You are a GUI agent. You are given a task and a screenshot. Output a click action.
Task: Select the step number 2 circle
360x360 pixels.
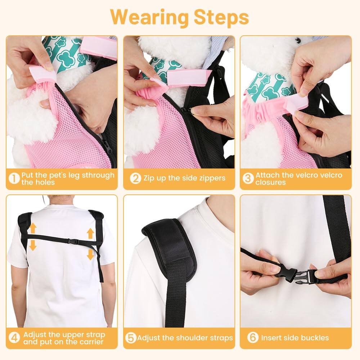[x=135, y=178]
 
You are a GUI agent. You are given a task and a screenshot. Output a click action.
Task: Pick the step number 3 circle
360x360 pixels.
[x=248, y=179]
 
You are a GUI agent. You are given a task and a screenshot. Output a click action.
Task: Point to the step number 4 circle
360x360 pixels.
[x=14, y=338]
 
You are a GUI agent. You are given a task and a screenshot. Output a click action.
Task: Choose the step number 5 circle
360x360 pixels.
[x=131, y=338]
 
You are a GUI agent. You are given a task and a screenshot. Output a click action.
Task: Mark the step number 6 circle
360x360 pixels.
[x=253, y=338]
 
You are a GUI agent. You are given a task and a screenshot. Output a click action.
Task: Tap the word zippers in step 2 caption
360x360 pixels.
[x=212, y=178]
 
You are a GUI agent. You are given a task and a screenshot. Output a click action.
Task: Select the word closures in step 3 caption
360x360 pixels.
[x=270, y=182]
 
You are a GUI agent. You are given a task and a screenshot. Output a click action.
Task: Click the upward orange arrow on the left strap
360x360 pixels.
[x=32, y=228]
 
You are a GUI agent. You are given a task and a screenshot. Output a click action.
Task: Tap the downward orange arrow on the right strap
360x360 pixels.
[x=90, y=255]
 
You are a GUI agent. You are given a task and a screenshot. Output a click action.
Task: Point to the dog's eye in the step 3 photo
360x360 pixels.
[x=298, y=40]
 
